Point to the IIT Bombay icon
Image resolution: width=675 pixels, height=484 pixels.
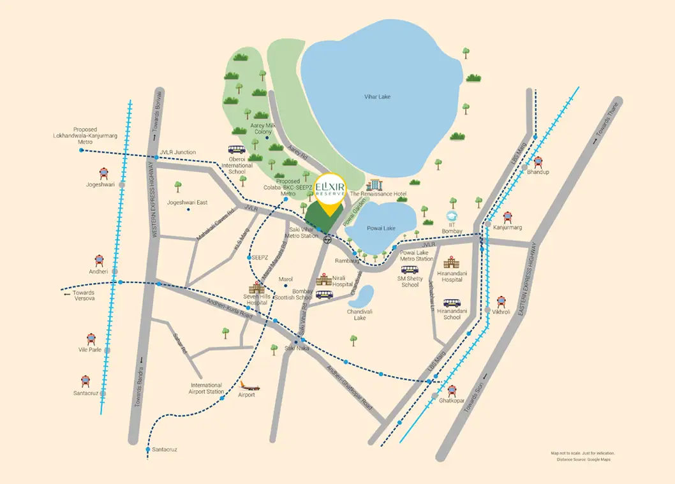(453, 217)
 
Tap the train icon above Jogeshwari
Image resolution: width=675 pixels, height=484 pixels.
(102, 173)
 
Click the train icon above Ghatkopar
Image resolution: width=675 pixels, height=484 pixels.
(452, 390)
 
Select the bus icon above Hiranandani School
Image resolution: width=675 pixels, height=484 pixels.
(452, 303)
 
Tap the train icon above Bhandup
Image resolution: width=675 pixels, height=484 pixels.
(538, 162)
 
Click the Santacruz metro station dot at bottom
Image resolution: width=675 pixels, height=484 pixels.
(148, 449)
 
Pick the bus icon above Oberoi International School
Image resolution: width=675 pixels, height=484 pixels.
(237, 150)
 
